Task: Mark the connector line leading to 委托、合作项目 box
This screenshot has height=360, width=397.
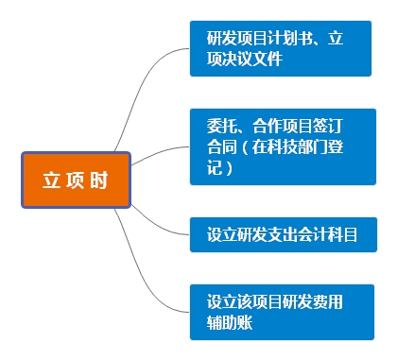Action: click(161, 151)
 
